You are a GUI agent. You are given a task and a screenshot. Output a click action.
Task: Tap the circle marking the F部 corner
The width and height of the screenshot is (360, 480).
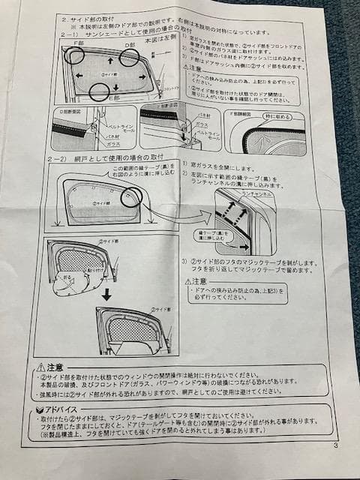73,55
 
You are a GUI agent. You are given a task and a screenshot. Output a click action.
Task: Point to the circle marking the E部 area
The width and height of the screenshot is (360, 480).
99,91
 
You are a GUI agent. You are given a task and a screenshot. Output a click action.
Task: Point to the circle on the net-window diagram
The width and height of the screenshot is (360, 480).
132,196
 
